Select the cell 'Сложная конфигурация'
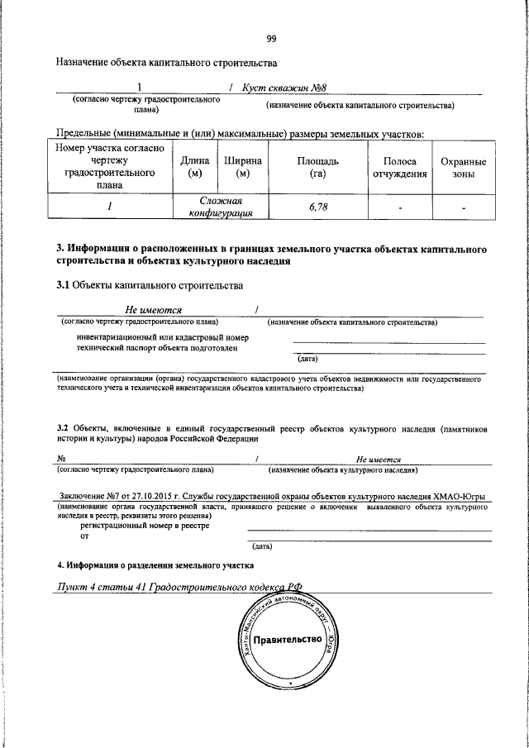pos(220,207)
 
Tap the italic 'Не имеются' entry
pos(154,309)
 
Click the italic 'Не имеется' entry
pos(379,460)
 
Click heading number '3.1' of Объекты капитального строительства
pos(63,286)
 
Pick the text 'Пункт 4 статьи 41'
pos(98,587)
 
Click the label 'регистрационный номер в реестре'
pos(145,525)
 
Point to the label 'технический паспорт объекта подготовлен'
pos(157,349)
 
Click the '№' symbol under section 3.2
pos(62,460)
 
